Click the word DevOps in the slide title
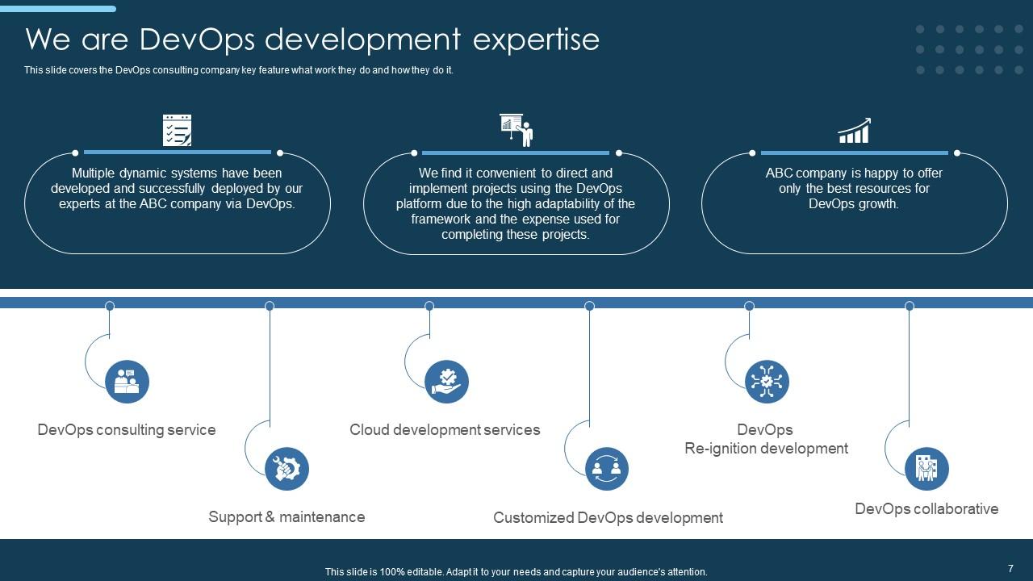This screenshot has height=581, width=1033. (x=197, y=39)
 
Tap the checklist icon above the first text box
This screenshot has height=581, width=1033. (x=177, y=130)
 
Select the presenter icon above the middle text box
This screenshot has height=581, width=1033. (x=516, y=130)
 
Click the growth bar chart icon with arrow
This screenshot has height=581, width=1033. (x=854, y=131)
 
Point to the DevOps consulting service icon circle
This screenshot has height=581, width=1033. (x=127, y=382)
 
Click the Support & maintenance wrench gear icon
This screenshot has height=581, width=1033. (x=286, y=469)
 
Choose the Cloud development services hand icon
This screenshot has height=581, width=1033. (x=446, y=382)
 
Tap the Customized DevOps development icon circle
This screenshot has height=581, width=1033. (x=606, y=469)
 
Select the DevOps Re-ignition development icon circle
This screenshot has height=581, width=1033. (x=766, y=382)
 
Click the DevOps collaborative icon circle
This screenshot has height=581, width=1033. (x=926, y=469)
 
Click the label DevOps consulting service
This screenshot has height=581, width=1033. (x=127, y=430)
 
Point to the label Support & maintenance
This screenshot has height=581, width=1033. (x=286, y=517)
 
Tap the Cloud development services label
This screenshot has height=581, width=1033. (x=445, y=430)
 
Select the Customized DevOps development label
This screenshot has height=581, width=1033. (x=608, y=518)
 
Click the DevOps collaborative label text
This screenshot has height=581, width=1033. (x=926, y=509)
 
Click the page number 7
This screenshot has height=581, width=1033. (x=1010, y=569)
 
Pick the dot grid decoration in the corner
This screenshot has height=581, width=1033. (x=959, y=49)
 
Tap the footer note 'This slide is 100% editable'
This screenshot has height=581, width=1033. (x=516, y=572)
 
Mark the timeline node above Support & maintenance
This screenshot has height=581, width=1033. (x=270, y=306)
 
